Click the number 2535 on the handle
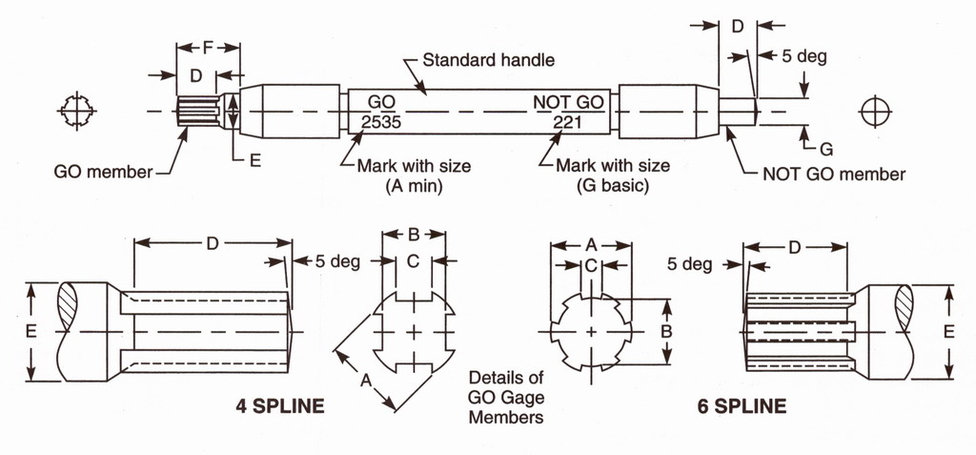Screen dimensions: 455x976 point(381,121)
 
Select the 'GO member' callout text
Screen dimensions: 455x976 point(103,172)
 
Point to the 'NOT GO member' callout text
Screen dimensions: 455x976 point(834,174)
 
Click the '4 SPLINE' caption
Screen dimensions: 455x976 point(279,406)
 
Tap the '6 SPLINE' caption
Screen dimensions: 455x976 point(742,406)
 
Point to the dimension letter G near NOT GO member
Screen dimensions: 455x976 point(826,149)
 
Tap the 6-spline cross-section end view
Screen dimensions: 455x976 point(592,331)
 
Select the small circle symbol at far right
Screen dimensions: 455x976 point(875,112)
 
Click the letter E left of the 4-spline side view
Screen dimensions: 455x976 point(31,332)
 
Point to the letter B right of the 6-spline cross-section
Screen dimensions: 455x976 point(666,332)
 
